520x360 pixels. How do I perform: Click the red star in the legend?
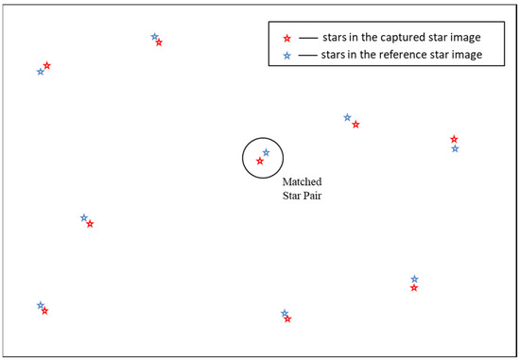pyautogui.click(x=287, y=38)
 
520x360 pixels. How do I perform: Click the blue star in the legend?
pyautogui.click(x=287, y=56)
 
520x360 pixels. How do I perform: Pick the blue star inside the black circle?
pyautogui.click(x=266, y=152)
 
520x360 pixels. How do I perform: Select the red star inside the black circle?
pyautogui.click(x=260, y=162)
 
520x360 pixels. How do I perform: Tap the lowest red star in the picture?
pyautogui.click(x=287, y=319)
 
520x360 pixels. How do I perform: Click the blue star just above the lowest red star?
pyautogui.click(x=285, y=313)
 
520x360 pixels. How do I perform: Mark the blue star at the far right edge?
pyautogui.click(x=455, y=148)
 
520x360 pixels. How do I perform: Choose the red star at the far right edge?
pyautogui.click(x=455, y=139)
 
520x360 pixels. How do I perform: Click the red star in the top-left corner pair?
pyautogui.click(x=46, y=65)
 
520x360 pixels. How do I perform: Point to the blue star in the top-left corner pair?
pyautogui.click(x=40, y=72)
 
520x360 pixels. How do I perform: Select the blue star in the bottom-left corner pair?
pyautogui.click(x=40, y=305)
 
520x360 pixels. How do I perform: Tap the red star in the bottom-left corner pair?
pyautogui.click(x=44, y=311)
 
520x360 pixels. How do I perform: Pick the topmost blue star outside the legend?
pyautogui.click(x=154, y=37)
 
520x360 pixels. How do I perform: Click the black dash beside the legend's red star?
pyautogui.click(x=307, y=38)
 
